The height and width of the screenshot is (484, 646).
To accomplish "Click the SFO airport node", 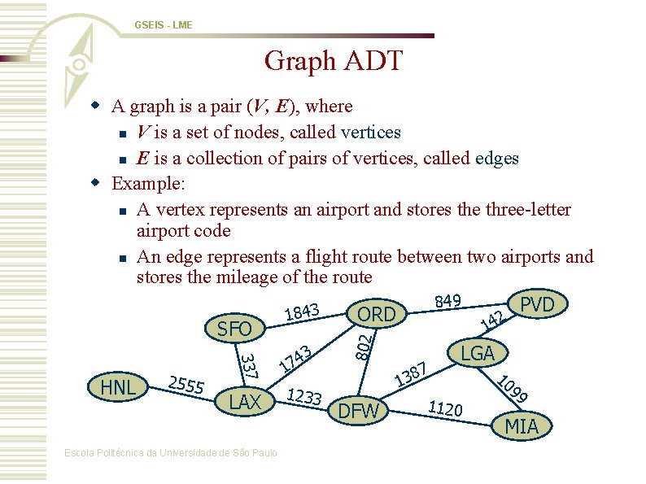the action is tap(235, 329).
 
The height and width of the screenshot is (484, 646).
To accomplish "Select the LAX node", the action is tap(245, 402).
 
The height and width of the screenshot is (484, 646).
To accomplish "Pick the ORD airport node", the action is tap(377, 314).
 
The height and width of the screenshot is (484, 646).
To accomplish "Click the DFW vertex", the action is tap(358, 412).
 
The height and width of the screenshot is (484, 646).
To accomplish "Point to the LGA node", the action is tap(478, 353).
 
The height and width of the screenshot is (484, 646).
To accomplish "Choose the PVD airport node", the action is tap(537, 305).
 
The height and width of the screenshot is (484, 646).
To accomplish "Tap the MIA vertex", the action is tap(522, 425).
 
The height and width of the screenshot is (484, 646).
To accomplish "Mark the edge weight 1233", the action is tap(306, 396).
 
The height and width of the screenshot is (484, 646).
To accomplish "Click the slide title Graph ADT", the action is tap(334, 61).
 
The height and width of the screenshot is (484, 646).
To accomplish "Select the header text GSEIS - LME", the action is tap(164, 25).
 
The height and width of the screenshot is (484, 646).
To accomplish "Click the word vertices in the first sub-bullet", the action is tap(371, 132).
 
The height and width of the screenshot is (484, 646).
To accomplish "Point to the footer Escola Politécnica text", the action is tap(171, 453).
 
